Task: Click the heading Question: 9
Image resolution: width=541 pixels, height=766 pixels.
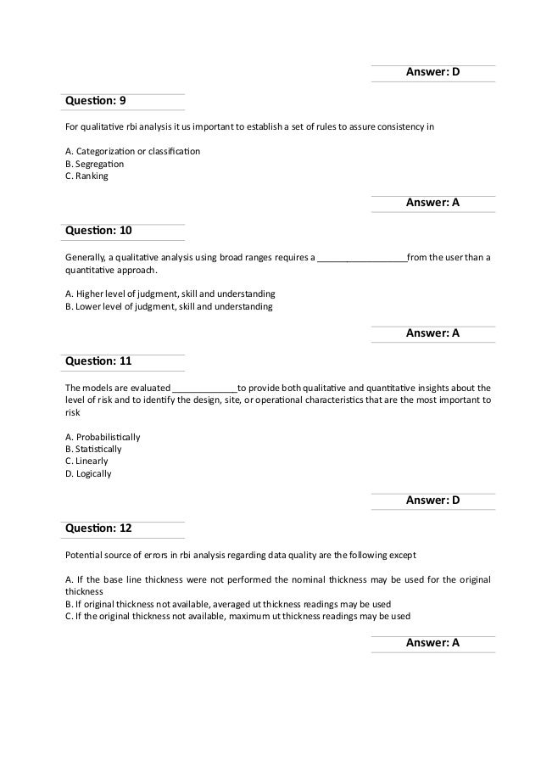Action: coord(96,101)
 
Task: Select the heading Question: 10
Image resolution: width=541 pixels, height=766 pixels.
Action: coord(98,230)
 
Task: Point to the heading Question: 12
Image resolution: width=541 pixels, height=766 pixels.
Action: coord(98,528)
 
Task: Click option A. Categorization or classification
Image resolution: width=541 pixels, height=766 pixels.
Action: coord(132,151)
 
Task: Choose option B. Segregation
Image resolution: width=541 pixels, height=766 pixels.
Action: coord(94,164)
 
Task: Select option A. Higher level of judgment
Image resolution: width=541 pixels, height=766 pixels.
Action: coord(170,294)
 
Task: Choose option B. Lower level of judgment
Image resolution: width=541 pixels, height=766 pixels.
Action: coord(169,306)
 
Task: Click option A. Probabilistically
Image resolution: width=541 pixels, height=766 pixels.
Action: coord(103,437)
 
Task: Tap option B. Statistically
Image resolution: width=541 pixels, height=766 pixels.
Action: coord(93,449)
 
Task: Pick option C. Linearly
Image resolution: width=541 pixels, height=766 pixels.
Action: coord(86,461)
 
